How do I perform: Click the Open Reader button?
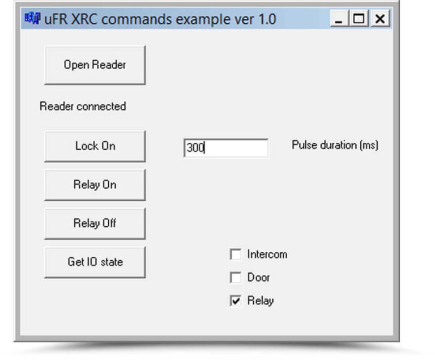[x=95, y=65]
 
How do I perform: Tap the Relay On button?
[x=95, y=185]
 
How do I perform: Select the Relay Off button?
[x=95, y=223]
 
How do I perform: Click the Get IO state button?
[x=95, y=262]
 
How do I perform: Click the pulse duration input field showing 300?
[x=226, y=148]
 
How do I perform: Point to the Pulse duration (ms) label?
[x=335, y=145]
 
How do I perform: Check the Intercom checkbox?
[x=236, y=254]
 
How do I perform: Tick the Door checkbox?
[x=236, y=277]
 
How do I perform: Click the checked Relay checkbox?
[x=236, y=300]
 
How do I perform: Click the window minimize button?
[x=339, y=19]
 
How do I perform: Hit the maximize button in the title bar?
[x=359, y=19]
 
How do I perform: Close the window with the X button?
[x=380, y=19]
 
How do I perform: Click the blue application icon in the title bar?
[x=32, y=18]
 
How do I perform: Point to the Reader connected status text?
[x=83, y=107]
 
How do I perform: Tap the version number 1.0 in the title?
[x=267, y=19]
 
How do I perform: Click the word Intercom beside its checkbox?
[x=267, y=255]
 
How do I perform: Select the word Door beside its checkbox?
[x=258, y=277]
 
